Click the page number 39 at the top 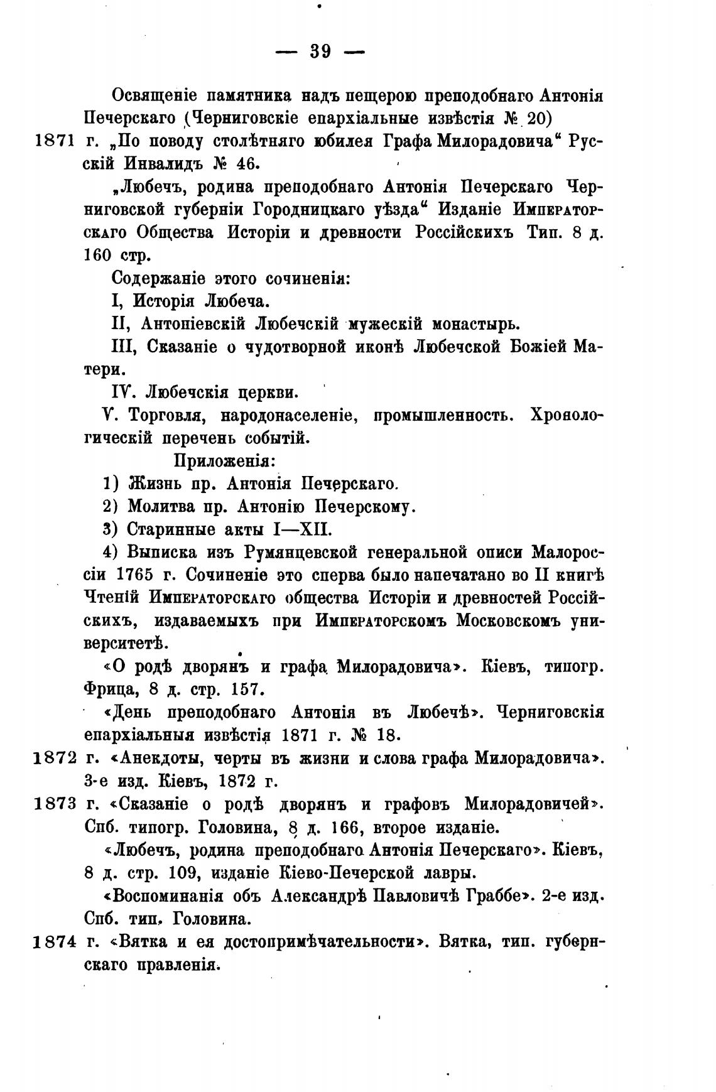click(320, 51)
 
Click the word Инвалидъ click(161, 165)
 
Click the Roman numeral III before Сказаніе click(120, 347)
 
